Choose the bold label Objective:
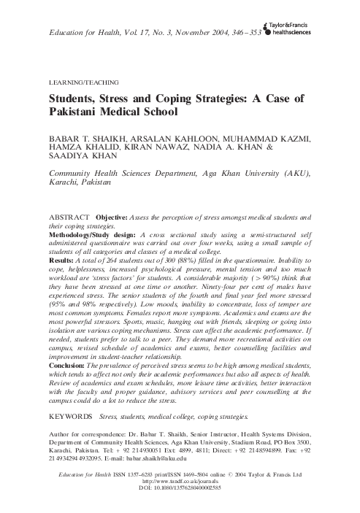tap(121, 217)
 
